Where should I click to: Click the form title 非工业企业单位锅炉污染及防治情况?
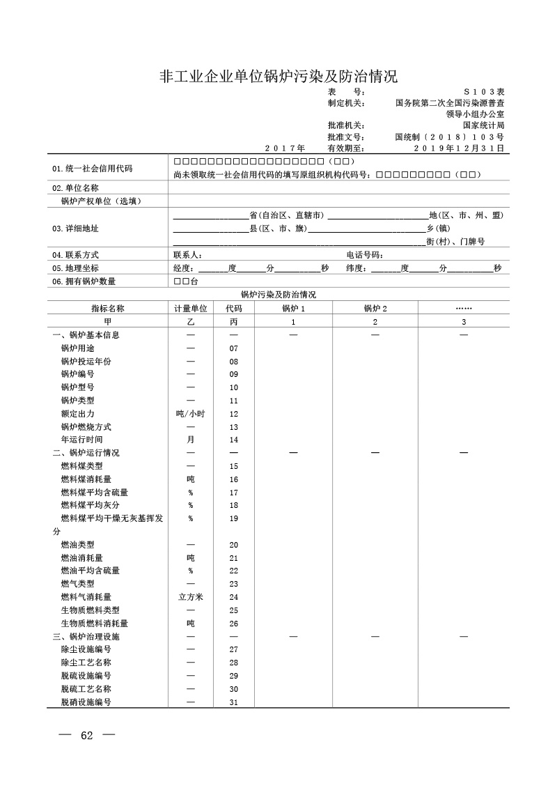[278, 75]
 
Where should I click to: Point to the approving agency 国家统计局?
[478, 125]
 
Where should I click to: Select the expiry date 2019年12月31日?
[459, 148]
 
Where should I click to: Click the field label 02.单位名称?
[75, 188]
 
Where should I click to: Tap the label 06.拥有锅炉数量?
[84, 281]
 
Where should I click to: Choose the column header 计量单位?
[190, 308]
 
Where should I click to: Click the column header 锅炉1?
[293, 308]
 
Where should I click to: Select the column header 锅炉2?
[375, 308]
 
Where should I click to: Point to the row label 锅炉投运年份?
[86, 361]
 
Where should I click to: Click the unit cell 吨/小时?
[190, 413]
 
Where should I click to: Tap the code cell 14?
[234, 440]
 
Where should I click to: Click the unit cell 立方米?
[190, 597]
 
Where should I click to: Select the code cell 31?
[234, 702]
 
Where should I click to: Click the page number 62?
[87, 736]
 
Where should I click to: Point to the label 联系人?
[187, 256]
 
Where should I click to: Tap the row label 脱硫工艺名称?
[86, 689]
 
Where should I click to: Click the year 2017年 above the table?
[285, 148]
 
